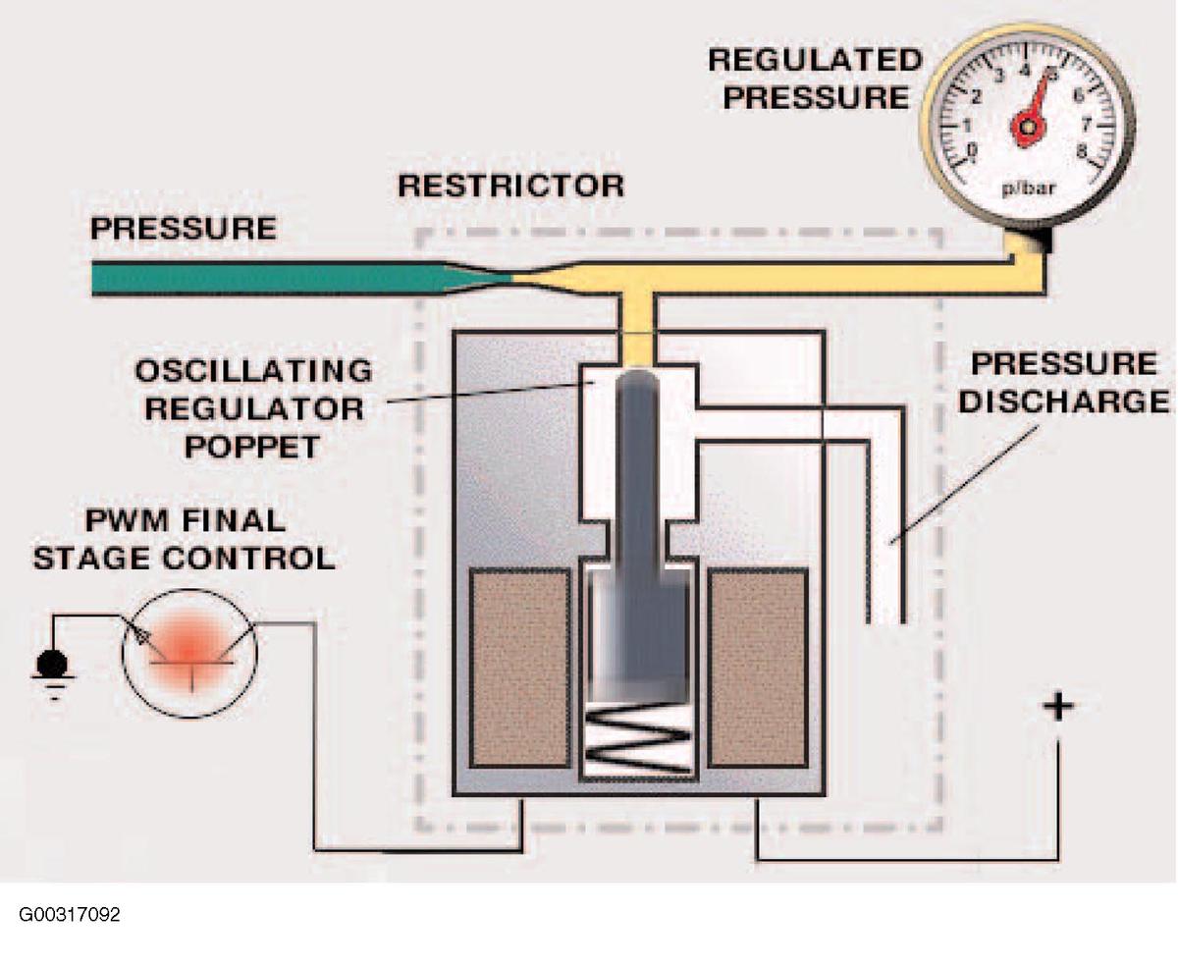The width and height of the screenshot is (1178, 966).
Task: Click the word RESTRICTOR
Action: pyautogui.click(x=510, y=187)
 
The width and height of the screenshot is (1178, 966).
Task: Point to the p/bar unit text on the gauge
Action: pyautogui.click(x=1027, y=188)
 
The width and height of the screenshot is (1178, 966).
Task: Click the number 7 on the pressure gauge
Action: pyautogui.click(x=1086, y=123)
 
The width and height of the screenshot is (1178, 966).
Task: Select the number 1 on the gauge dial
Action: pyautogui.click(x=966, y=125)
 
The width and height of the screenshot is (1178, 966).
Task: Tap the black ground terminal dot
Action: pyautogui.click(x=52, y=665)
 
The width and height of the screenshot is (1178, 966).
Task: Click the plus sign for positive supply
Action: pyautogui.click(x=1058, y=707)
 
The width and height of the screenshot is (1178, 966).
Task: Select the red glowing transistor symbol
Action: pyautogui.click(x=189, y=652)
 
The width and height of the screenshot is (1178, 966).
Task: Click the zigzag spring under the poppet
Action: pyautogui.click(x=637, y=738)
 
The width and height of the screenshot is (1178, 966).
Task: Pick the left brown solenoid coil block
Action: pyautogui.click(x=520, y=668)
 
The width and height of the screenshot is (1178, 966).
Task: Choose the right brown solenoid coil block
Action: pyautogui.click(x=758, y=668)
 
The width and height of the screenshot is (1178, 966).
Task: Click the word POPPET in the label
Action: pyautogui.click(x=252, y=447)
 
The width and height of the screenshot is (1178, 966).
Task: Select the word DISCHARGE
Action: pyautogui.click(x=1064, y=402)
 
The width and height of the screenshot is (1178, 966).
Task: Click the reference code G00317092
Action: pyautogui.click(x=70, y=915)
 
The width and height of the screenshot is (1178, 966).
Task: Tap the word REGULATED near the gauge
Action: pyautogui.click(x=816, y=60)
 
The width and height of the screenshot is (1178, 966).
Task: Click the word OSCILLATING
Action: pyautogui.click(x=253, y=370)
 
